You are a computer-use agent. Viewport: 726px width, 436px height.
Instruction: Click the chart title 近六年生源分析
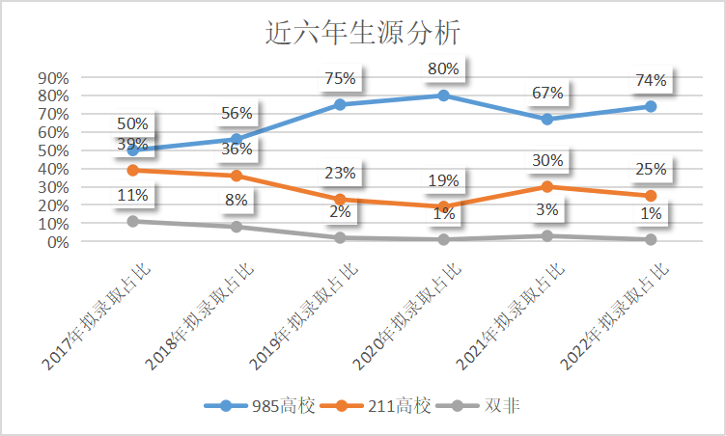[x=362, y=34]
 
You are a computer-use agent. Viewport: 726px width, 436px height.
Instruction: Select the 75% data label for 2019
[x=340, y=78]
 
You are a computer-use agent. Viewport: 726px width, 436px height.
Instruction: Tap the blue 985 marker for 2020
[x=443, y=95]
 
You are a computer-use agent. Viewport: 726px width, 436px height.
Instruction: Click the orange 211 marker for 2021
[x=547, y=187]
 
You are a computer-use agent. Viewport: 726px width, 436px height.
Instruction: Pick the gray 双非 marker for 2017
[x=133, y=222]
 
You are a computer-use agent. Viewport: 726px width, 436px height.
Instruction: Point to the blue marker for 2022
[x=651, y=106]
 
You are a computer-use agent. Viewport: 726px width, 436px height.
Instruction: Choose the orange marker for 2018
[x=237, y=176]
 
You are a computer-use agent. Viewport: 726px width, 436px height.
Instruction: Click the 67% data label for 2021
[x=547, y=93]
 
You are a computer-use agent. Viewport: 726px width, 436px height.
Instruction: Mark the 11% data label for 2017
[x=133, y=196]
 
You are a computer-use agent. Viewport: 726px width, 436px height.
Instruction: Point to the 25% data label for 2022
[x=651, y=170]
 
